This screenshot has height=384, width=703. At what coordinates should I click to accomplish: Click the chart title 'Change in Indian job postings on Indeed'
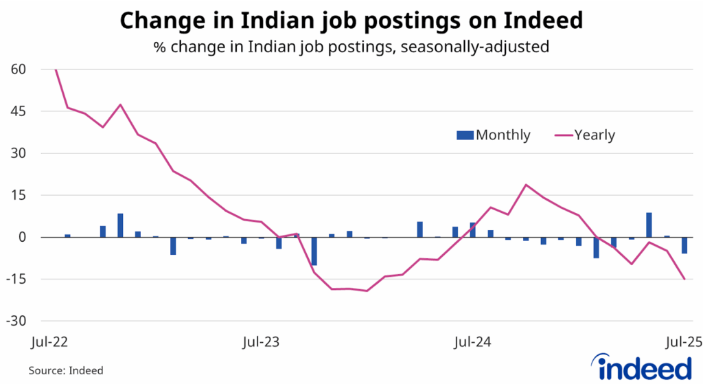tap(351, 21)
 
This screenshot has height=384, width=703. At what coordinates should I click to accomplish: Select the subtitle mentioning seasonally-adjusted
tap(351, 47)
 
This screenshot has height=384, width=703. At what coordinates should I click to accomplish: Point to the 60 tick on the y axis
tap(18, 69)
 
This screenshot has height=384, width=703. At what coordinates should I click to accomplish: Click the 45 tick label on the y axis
tap(18, 111)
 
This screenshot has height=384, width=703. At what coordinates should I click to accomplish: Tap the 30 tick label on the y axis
tap(18, 153)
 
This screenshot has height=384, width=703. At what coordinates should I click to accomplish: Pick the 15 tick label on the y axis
tap(18, 195)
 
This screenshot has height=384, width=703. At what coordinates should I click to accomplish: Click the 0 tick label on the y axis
tap(22, 237)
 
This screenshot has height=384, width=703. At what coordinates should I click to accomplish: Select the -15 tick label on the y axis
tap(16, 280)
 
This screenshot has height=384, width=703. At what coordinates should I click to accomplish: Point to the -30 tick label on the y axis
tap(16, 321)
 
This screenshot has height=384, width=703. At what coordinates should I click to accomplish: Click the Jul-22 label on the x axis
tap(51, 341)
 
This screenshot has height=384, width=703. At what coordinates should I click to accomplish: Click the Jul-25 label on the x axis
tap(684, 341)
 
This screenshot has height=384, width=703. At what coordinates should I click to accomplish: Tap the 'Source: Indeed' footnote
tap(66, 370)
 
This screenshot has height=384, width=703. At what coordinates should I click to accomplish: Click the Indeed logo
tap(638, 367)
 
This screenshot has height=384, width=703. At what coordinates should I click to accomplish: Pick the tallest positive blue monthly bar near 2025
tap(649, 225)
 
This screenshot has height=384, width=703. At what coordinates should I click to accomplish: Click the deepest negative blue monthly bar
tap(314, 251)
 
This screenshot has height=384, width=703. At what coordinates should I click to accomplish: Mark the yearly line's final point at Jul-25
tap(684, 279)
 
